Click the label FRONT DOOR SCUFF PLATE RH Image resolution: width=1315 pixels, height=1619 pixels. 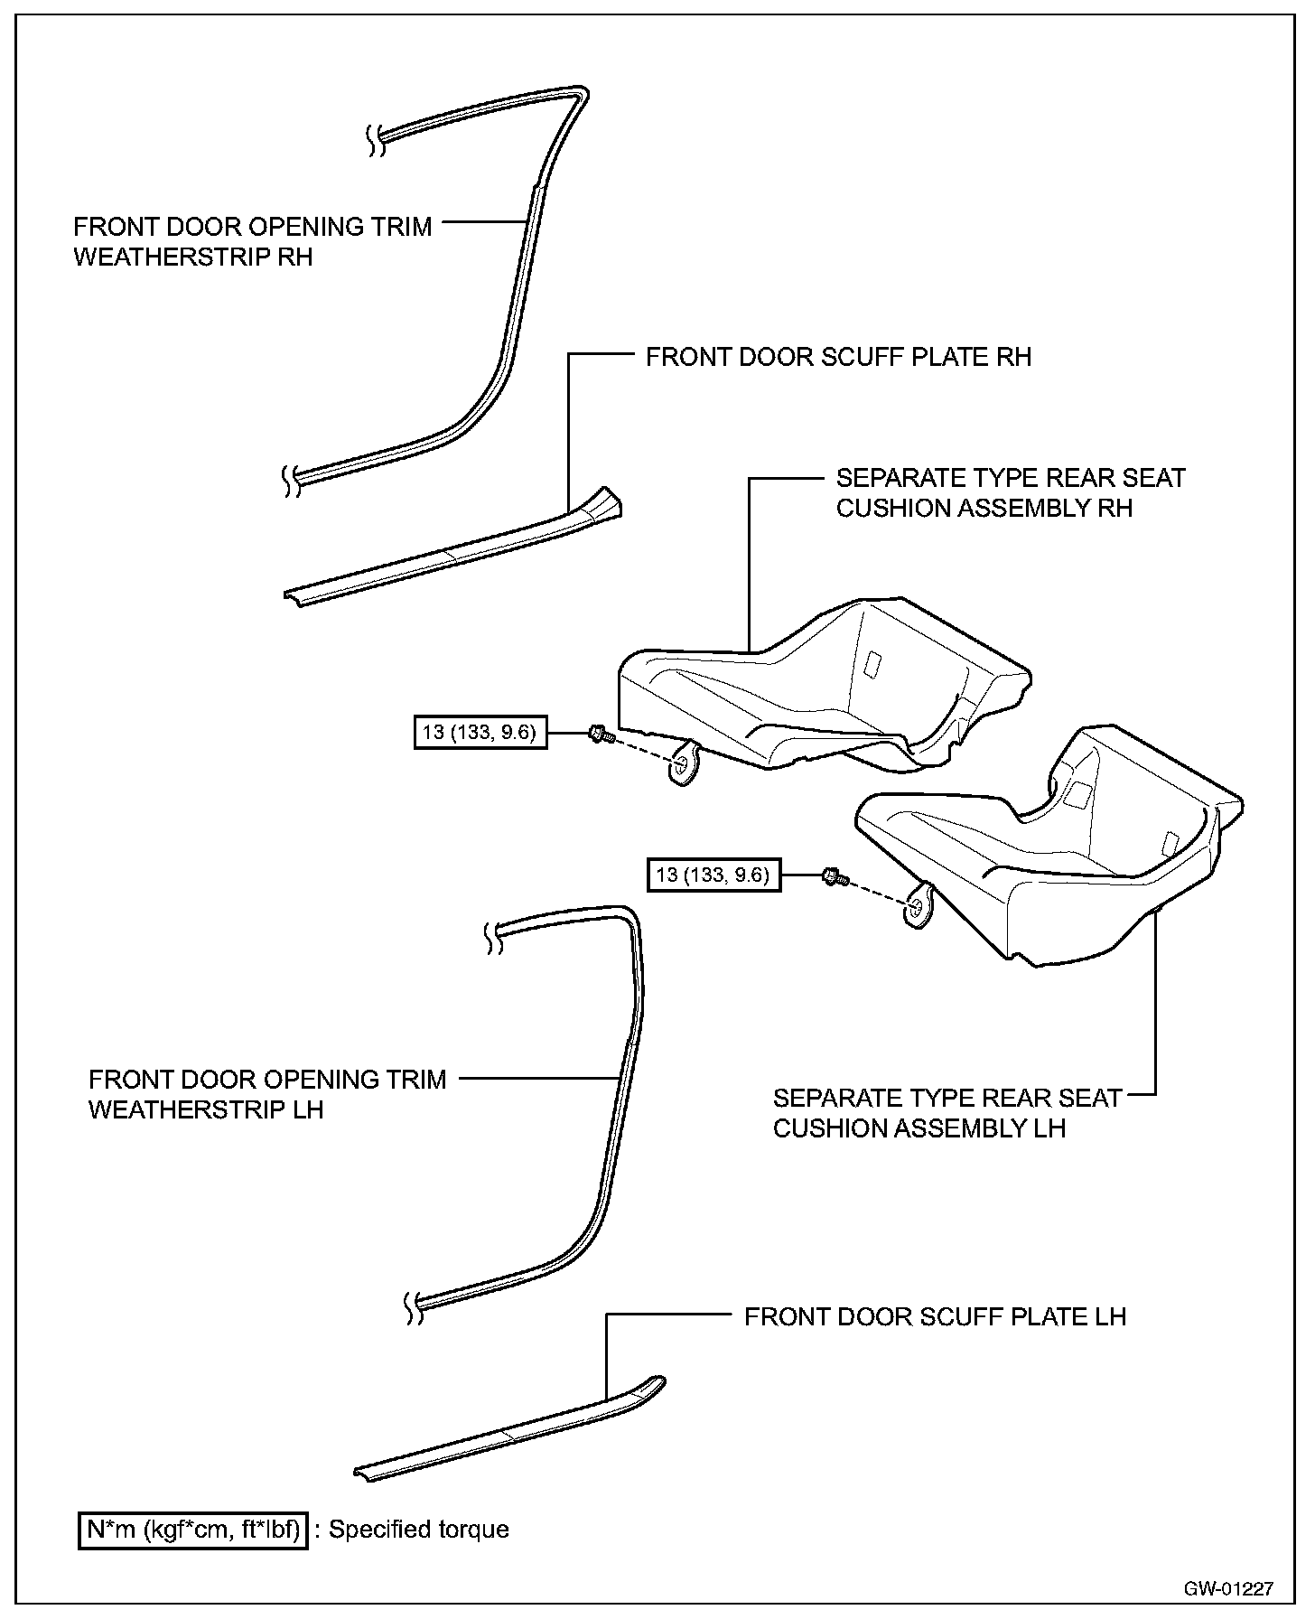pyautogui.click(x=838, y=357)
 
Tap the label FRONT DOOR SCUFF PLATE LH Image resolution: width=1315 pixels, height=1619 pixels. pyautogui.click(x=935, y=1316)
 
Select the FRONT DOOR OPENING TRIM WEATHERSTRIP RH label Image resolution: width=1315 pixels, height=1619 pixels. pyautogui.click(x=252, y=241)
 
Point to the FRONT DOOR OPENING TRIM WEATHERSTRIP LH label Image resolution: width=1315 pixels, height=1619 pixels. pyautogui.click(x=267, y=1094)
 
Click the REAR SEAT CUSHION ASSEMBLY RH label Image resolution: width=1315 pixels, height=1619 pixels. pyautogui.click(x=1010, y=493)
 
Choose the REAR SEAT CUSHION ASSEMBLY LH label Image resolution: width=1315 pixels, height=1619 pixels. pyautogui.click(x=947, y=1113)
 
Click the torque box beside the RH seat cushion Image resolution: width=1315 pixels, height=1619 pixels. pyautogui.click(x=479, y=732)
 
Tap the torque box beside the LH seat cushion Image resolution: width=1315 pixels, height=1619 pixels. pyautogui.click(x=713, y=875)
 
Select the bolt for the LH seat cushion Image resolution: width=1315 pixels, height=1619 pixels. pyautogui.click(x=834, y=876)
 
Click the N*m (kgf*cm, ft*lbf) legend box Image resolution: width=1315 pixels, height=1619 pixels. pyautogui.click(x=193, y=1530)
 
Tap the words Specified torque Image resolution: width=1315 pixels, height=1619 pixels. pyautogui.click(x=418, y=1530)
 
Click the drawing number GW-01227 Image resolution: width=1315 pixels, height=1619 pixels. pyautogui.click(x=1229, y=1588)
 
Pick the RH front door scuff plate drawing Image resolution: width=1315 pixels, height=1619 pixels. pyautogui.click(x=452, y=554)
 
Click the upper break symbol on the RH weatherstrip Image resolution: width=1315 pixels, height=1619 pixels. pyautogui.click(x=374, y=140)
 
